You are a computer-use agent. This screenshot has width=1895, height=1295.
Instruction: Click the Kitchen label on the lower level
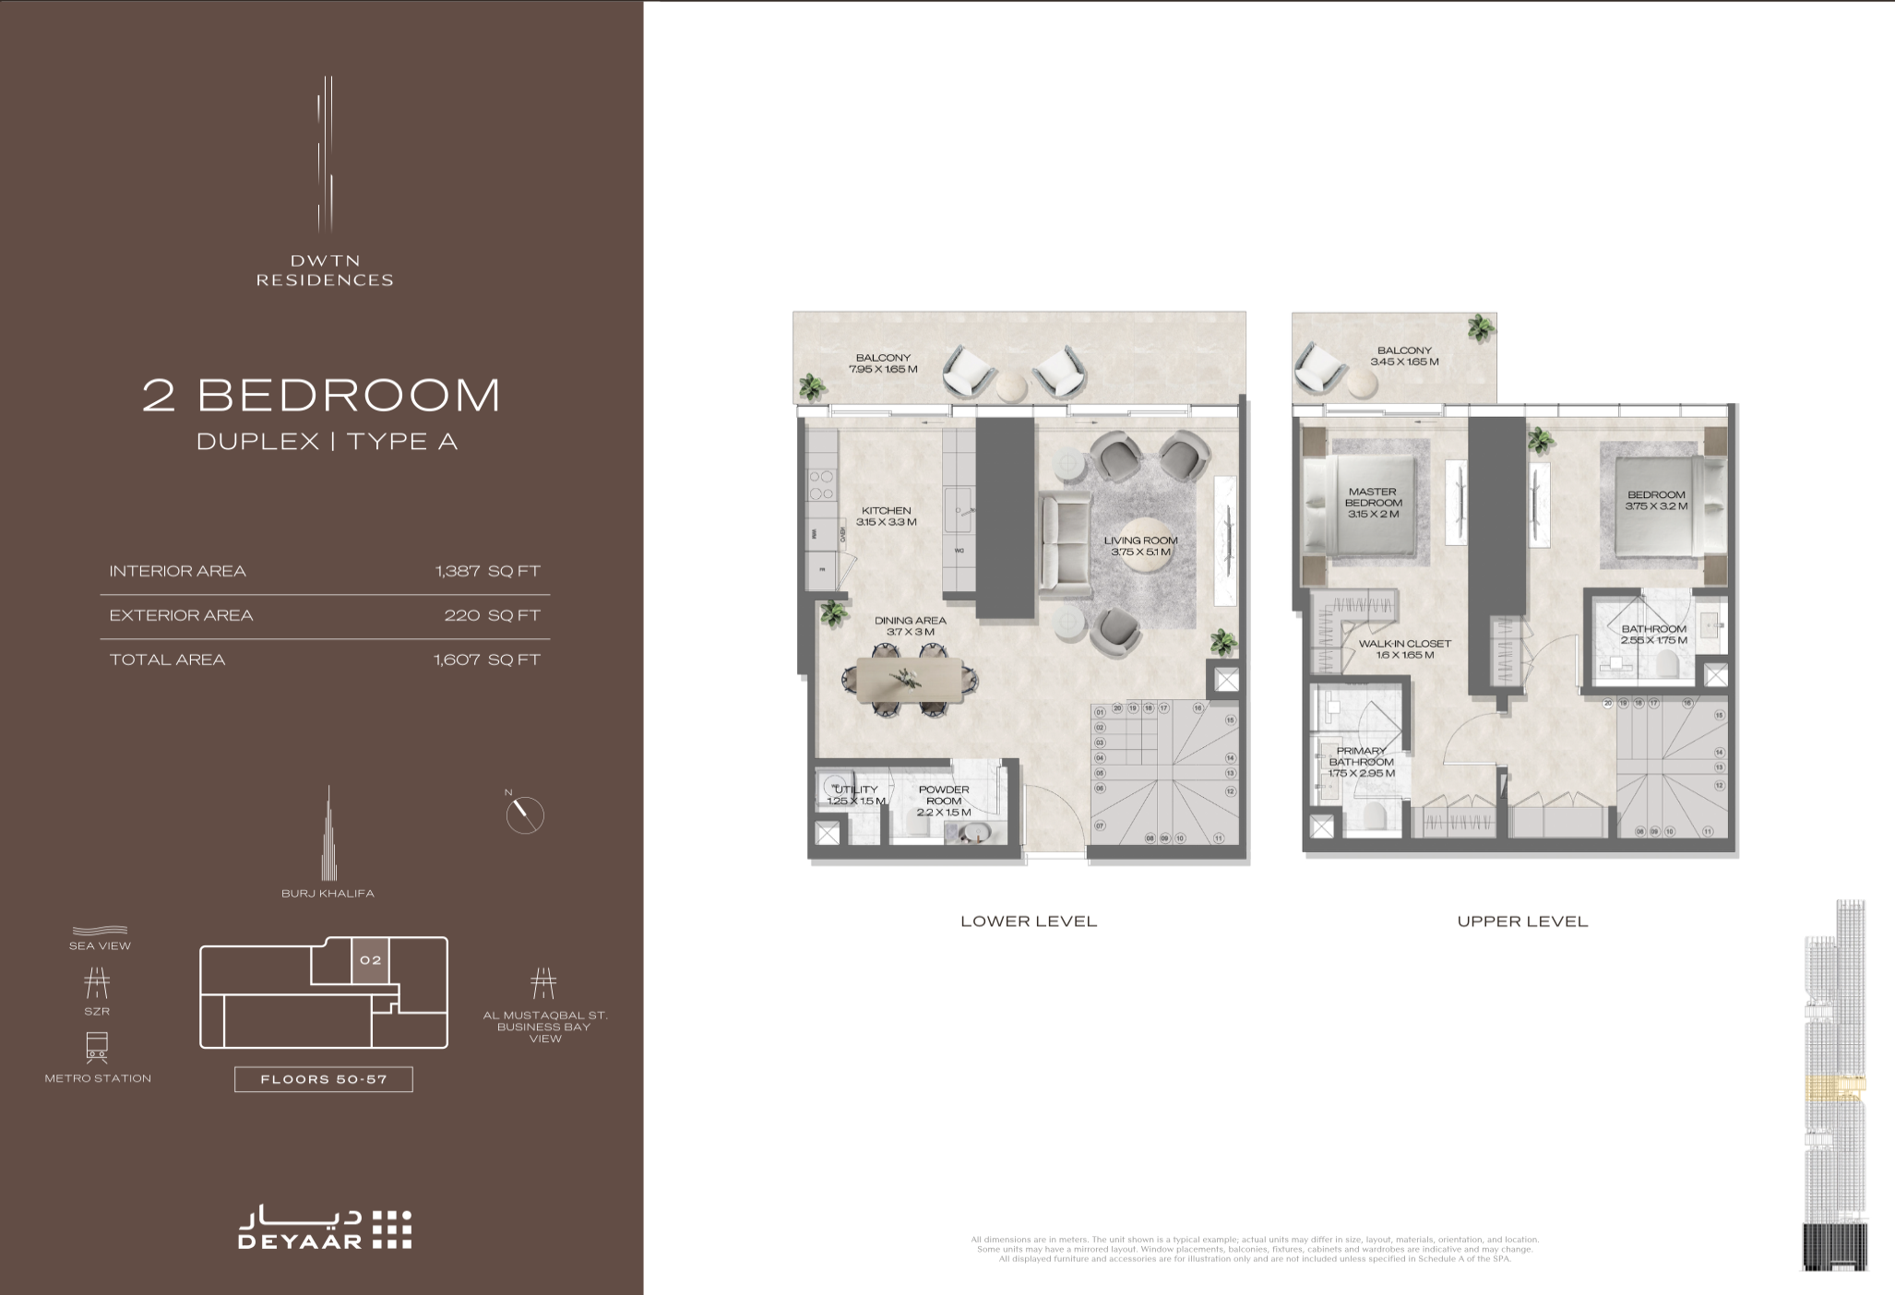[886, 516]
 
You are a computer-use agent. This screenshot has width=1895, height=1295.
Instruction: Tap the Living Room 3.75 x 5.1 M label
[1141, 546]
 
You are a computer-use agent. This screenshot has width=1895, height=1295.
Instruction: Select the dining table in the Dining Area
[911, 681]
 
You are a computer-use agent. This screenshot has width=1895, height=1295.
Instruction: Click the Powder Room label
[944, 801]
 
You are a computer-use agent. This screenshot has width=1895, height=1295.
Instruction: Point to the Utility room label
[855, 795]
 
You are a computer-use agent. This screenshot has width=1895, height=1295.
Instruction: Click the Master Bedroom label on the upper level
[1373, 503]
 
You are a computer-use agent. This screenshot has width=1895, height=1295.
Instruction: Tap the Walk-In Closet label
[1404, 649]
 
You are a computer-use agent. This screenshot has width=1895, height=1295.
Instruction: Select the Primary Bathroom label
[1361, 762]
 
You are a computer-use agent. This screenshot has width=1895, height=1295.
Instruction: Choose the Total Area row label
[167, 659]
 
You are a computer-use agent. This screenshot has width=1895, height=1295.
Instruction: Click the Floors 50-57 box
[323, 1079]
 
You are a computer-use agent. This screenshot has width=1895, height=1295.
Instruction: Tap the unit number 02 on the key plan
[370, 960]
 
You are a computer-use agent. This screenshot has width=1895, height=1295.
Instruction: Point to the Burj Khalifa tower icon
[328, 835]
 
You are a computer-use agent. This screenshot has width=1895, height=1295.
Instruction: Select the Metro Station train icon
[97, 1047]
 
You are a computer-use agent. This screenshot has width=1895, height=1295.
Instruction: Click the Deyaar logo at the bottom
[324, 1229]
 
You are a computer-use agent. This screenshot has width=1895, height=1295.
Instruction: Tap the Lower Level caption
[1029, 921]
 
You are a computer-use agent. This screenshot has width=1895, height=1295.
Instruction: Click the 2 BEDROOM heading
[322, 395]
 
